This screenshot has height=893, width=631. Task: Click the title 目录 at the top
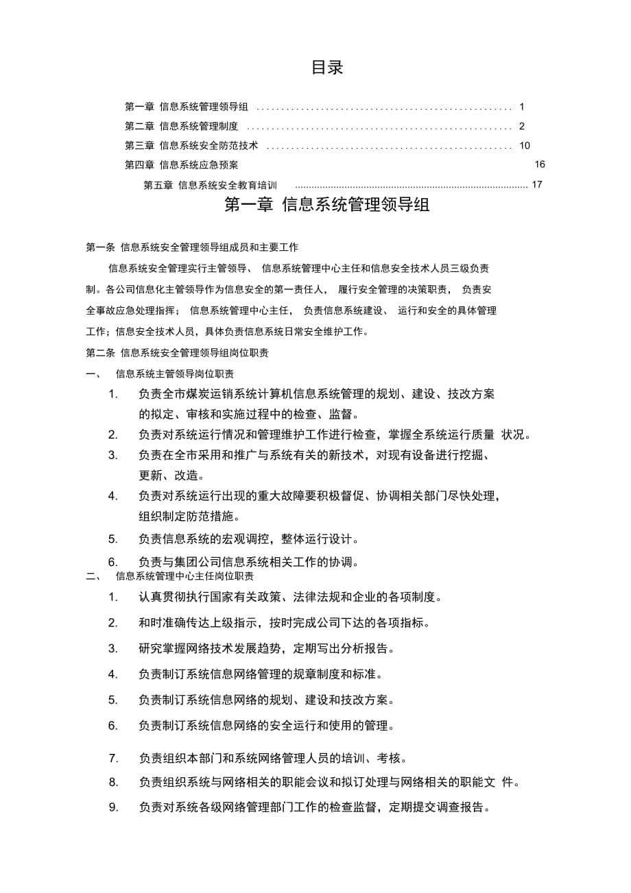326,67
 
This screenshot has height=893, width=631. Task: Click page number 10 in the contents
525,145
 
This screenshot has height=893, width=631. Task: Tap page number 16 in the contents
539,164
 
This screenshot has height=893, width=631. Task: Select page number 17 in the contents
536,184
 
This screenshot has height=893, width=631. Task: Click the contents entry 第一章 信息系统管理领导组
187,107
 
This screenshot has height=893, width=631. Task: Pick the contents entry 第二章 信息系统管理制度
181,126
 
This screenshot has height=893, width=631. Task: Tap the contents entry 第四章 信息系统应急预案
181,164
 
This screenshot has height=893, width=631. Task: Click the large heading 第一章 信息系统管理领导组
327,205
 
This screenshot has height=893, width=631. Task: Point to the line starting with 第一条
191,247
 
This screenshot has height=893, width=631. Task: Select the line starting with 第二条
177,353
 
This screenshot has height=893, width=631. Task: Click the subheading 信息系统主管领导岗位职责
175,374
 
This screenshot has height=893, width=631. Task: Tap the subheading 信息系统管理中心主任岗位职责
184,576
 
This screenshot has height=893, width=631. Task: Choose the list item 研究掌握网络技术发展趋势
266,648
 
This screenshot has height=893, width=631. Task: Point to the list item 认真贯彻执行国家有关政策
290,596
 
